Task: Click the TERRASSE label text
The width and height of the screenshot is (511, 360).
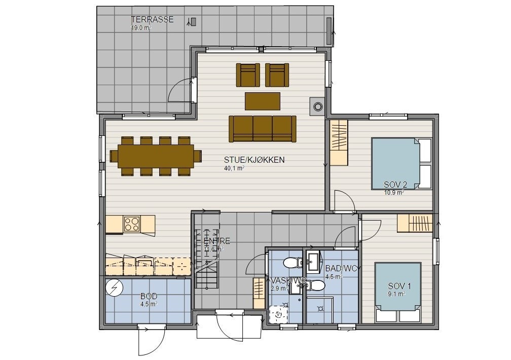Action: click(152, 20)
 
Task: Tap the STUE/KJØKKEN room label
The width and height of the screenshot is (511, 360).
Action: click(254, 160)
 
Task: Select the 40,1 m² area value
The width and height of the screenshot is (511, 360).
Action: click(234, 168)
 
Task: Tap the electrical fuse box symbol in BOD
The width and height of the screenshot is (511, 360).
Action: click(115, 289)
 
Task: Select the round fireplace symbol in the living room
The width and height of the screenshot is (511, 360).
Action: click(318, 106)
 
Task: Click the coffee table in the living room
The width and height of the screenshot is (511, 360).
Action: click(262, 101)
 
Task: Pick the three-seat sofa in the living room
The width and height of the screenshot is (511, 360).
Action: click(262, 128)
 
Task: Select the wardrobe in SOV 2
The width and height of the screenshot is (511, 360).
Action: click(339, 142)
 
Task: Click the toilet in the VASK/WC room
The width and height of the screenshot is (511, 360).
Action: click(291, 263)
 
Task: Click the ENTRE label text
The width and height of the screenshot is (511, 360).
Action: click(216, 241)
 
